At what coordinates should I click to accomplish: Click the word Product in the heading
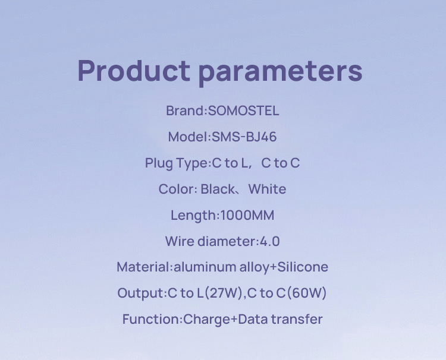point(134,71)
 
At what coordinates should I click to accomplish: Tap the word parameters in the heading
point(280,72)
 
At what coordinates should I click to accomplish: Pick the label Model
point(188,137)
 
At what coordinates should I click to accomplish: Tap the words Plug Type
point(177,163)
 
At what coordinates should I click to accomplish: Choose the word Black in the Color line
point(218,190)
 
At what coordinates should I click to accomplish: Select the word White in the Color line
point(267,190)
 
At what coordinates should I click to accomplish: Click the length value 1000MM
point(247,216)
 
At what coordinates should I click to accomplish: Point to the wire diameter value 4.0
point(269,242)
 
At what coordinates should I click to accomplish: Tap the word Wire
point(180,242)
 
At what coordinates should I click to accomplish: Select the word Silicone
point(303,267)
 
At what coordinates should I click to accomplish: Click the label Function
point(151,320)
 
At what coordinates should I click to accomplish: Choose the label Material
point(144,267)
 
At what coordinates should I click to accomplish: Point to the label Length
point(194,216)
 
